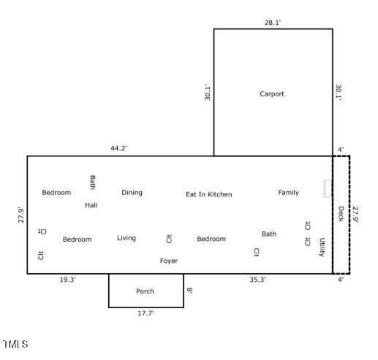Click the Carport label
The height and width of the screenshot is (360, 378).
tap(272, 94)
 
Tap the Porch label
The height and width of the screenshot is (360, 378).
tap(145, 291)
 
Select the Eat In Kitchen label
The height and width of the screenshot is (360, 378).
tap(209, 194)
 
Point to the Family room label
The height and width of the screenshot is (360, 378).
tap(289, 193)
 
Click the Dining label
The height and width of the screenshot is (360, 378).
tap(132, 193)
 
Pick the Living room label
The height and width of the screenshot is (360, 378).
tap(126, 238)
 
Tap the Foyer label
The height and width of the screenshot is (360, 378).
tap(169, 261)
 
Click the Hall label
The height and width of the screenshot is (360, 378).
tap(91, 205)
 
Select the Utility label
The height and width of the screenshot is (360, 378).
tap(322, 247)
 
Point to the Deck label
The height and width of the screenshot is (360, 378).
tap(341, 214)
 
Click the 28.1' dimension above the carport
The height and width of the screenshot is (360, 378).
tap(273, 23)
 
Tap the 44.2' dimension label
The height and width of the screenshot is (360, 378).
tap(119, 148)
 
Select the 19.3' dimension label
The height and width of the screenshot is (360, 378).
tap(68, 280)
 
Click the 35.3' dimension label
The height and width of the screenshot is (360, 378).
tap(257, 280)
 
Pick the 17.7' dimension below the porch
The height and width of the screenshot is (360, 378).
tap(145, 313)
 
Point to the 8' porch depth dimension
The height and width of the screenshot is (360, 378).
tap(190, 290)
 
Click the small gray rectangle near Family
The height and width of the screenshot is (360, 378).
tap(328, 188)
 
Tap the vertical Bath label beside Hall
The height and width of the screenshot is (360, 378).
tap(92, 183)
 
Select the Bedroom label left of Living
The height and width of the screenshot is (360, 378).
tap(78, 240)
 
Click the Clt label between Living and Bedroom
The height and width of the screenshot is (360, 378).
tap(169, 239)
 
